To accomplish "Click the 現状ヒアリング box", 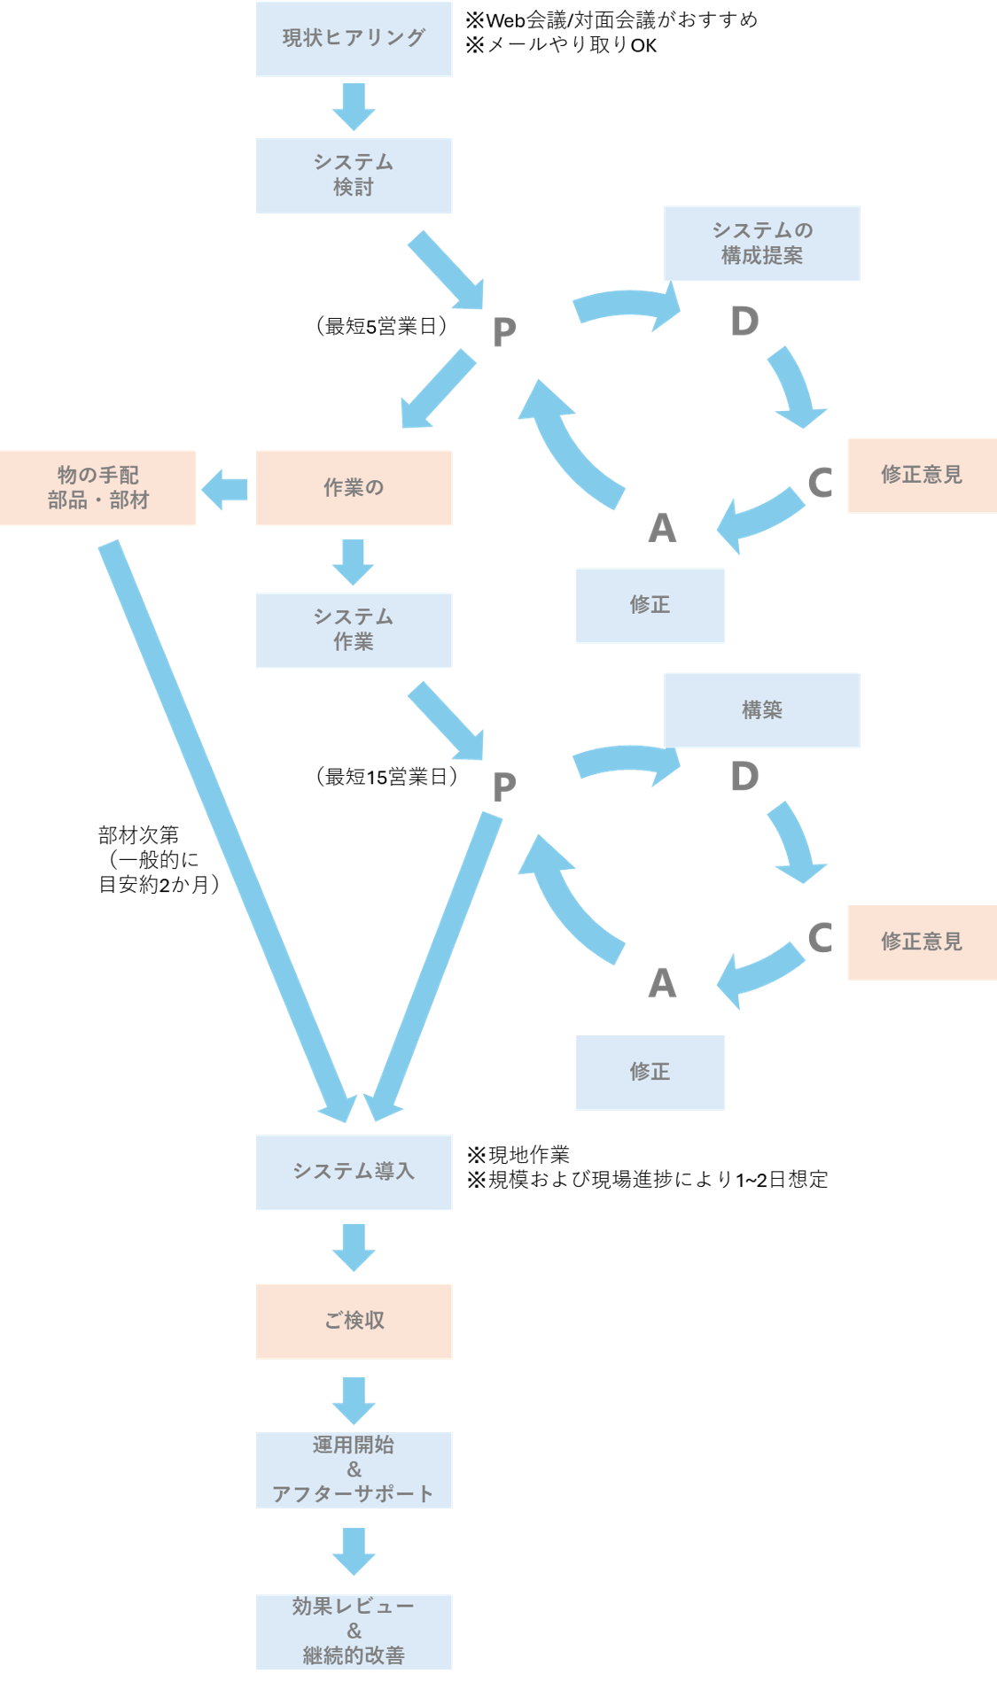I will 354,38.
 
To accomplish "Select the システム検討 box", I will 354,175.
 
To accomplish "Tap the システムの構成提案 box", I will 762,244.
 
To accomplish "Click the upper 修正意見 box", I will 922,475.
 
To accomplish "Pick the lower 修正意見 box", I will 922,942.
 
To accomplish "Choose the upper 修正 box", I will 650,605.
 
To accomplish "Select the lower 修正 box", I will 650,1072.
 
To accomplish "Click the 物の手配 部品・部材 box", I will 97,488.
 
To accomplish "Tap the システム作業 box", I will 354,630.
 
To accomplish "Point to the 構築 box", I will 762,709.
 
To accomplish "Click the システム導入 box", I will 354,1172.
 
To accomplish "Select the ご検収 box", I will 354,1321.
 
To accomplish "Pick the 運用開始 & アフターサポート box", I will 354,1469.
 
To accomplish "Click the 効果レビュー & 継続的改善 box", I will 354,1632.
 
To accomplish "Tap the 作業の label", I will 354,487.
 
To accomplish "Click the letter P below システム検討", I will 504,332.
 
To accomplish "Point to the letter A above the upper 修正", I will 662,529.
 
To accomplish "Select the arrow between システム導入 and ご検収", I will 354,1250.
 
